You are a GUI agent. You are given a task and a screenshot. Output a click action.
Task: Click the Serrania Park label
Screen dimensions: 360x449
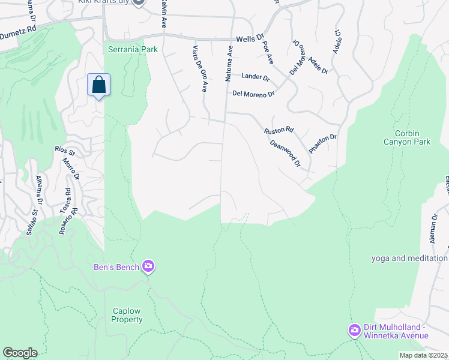point(133,49)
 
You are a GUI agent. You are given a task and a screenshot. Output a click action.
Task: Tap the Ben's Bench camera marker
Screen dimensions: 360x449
point(148,266)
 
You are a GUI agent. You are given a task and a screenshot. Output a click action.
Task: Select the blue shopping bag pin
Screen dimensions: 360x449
point(99,85)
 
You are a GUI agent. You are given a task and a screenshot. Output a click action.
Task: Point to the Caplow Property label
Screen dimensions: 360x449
point(127,315)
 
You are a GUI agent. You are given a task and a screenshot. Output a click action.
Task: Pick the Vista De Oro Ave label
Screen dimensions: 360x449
point(199,68)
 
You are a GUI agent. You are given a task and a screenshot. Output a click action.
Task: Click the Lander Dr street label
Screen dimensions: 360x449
point(256,77)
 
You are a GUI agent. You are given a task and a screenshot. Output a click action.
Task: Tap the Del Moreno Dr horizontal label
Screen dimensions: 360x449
point(253,94)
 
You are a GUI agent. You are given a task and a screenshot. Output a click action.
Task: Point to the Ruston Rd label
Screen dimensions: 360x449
point(279,130)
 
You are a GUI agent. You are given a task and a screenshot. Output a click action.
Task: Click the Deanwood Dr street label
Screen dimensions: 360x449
point(285,153)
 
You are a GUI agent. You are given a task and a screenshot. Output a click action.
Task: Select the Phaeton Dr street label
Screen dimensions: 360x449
point(323,144)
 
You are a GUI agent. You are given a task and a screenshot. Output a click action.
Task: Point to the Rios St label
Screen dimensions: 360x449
point(64,149)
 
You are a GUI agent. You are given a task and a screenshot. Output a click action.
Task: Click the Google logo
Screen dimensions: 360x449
point(20,353)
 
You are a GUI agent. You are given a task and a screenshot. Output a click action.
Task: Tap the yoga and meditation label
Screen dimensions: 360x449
point(409,259)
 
